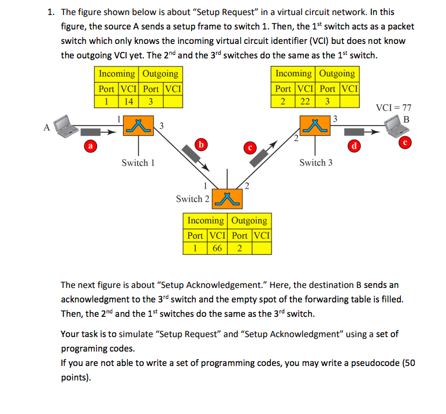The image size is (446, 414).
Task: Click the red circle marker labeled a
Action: click(x=90, y=147)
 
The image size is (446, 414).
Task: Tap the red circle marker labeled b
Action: click(x=200, y=143)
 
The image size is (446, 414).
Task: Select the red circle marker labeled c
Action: click(x=251, y=147)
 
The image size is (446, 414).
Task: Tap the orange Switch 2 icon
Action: click(x=228, y=198)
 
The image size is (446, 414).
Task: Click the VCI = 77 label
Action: click(x=393, y=108)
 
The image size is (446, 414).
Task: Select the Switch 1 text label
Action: click(x=138, y=163)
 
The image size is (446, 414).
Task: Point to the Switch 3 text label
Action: click(x=315, y=163)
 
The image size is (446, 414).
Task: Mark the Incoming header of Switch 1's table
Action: click(x=117, y=74)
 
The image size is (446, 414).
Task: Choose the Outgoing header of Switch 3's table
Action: click(x=337, y=74)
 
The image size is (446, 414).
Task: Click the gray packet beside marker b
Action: click(x=191, y=154)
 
